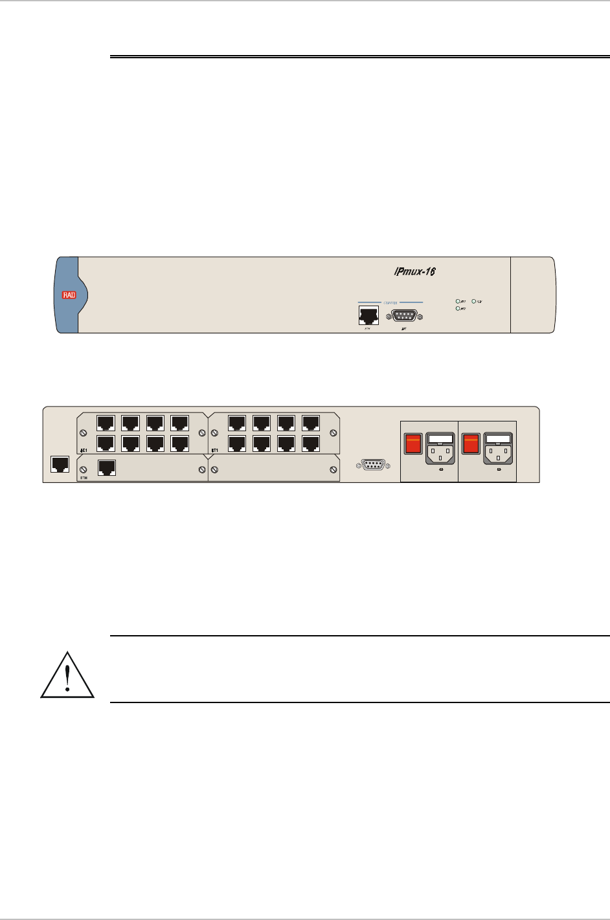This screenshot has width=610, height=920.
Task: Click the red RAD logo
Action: [x=69, y=295]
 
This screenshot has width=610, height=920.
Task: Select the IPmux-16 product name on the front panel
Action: [x=414, y=271]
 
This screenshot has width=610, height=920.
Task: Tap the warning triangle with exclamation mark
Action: [x=67, y=675]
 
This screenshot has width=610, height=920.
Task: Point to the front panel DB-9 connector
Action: [x=404, y=316]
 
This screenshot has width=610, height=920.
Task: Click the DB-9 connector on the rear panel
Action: [x=373, y=464]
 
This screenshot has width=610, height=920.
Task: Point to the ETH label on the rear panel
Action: [x=84, y=477]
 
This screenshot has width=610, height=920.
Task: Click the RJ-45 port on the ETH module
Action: [x=106, y=467]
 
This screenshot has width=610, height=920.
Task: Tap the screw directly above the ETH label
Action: [x=82, y=467]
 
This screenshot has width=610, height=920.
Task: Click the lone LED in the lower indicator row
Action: [x=458, y=308]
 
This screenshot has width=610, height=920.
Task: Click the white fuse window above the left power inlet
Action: [x=440, y=438]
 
